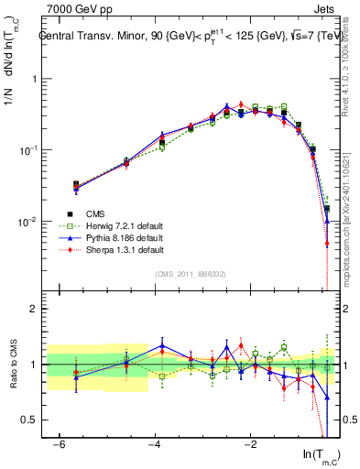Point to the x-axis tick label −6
coord(60,442)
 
